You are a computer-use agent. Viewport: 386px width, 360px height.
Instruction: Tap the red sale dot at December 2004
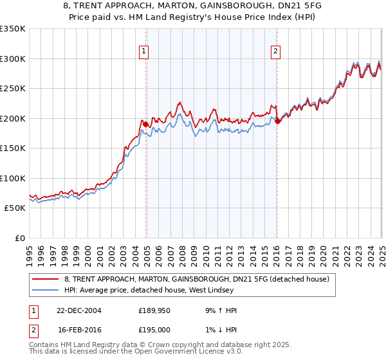[146, 124]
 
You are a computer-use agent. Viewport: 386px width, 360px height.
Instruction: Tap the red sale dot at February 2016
[277, 121]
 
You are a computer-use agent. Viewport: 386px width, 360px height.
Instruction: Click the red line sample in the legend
[45, 279]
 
